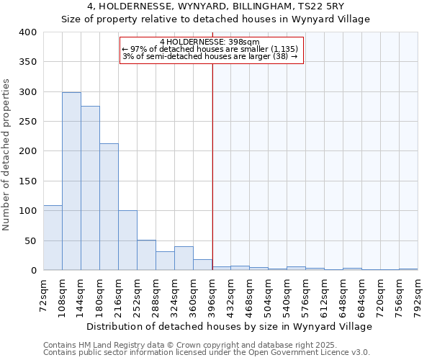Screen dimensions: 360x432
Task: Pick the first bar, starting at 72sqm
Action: click(53, 238)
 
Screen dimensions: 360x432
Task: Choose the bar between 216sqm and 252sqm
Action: click(127, 240)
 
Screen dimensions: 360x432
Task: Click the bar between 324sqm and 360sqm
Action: click(184, 258)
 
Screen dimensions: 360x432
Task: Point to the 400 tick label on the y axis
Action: click(27, 32)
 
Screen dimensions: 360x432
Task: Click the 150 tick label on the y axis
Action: click(27, 181)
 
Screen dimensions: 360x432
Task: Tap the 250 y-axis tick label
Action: click(27, 122)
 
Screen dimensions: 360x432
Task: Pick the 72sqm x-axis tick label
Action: click(44, 295)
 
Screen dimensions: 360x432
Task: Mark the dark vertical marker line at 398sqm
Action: click(212, 166)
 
